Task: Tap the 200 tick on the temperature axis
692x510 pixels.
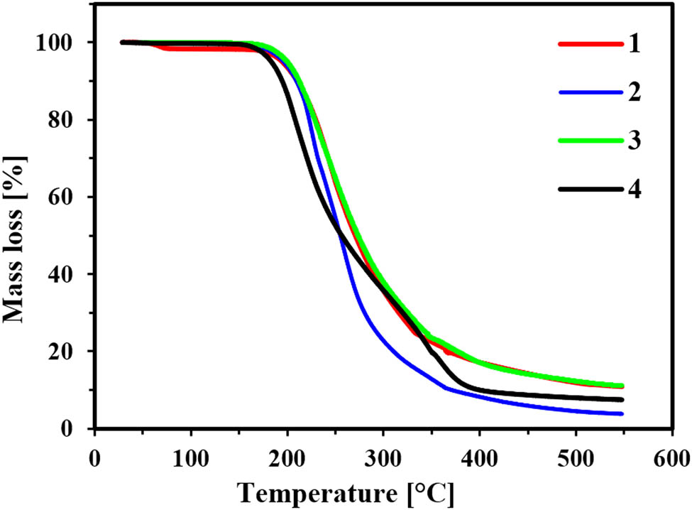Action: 287,455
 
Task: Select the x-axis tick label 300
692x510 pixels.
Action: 383,455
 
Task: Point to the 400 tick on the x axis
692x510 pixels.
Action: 480,455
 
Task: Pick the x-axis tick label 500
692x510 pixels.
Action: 576,455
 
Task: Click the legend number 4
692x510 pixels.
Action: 634,190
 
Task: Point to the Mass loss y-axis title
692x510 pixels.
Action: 19,234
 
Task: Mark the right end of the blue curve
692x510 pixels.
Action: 622,413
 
